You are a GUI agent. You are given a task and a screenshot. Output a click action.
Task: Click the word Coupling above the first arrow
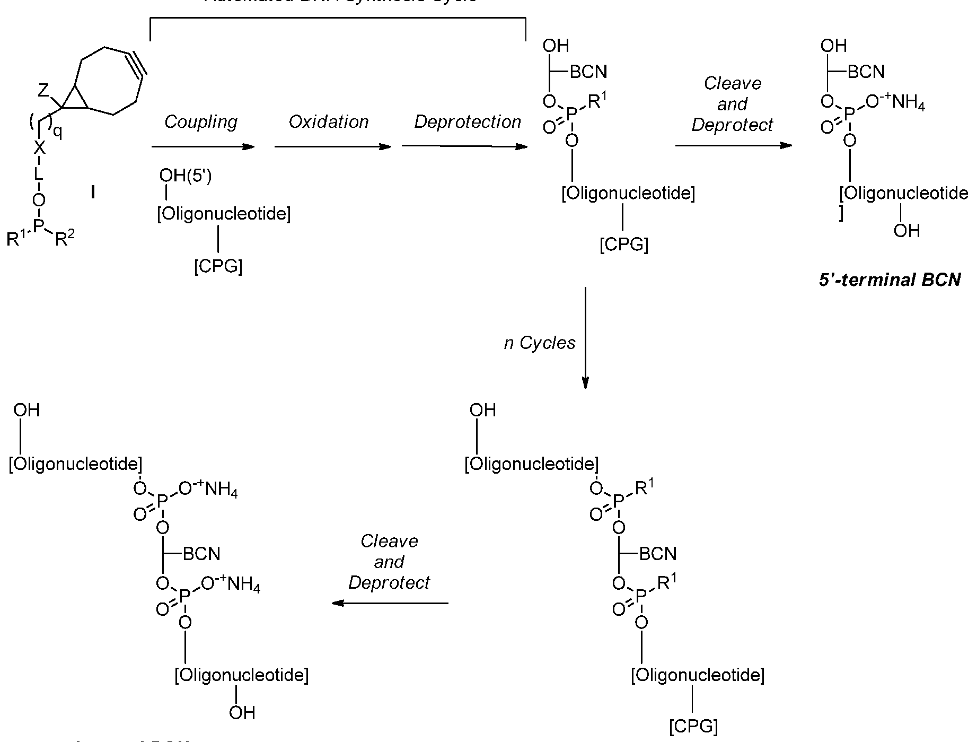201,123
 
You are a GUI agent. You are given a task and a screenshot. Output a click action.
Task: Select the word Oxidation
329,122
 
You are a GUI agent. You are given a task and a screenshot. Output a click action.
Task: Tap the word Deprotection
468,122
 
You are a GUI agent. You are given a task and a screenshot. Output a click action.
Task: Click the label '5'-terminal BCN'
890,280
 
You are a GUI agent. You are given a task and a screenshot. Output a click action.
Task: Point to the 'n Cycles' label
540,343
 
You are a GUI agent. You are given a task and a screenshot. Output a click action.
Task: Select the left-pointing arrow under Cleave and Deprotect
390,603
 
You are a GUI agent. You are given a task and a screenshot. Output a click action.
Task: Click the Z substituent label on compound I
43,91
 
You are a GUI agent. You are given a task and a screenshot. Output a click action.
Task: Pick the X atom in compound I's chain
39,148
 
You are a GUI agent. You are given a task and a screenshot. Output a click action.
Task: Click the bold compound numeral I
93,192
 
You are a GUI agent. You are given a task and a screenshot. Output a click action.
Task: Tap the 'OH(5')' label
186,176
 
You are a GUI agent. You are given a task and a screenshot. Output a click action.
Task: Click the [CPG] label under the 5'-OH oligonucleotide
218,266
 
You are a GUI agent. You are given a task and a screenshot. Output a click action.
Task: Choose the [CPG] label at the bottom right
693,726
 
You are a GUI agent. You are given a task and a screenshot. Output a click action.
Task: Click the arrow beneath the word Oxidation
333,146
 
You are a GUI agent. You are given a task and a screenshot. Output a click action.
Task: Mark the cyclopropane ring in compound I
75,100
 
